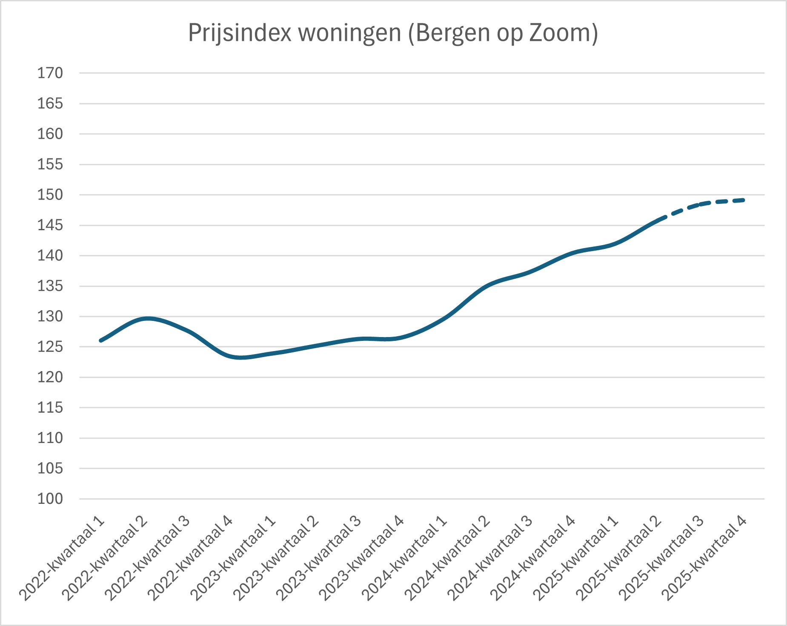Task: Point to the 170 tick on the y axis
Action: pyautogui.click(x=50, y=73)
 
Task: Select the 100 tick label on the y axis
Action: pyautogui.click(x=50, y=499)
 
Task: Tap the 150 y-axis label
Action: pyautogui.click(x=50, y=195)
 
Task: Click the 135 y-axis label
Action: pyautogui.click(x=50, y=286)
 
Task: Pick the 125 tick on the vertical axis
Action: pyautogui.click(x=50, y=347)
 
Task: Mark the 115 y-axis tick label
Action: pyautogui.click(x=50, y=408)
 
